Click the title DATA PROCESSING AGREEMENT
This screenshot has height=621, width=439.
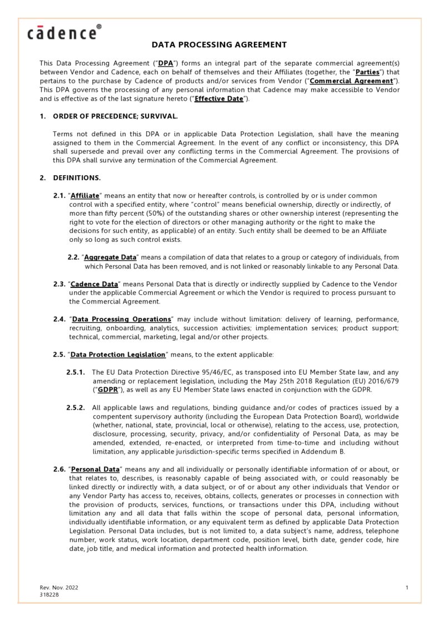click(219, 44)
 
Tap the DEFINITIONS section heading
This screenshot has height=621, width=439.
click(77, 178)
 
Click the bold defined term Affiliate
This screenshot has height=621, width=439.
click(85, 196)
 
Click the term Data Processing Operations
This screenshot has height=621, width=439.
click(122, 319)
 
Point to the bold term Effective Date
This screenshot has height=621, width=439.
click(218, 98)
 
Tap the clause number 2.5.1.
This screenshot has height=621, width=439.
click(75, 372)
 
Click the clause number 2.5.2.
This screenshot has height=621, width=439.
click(75, 408)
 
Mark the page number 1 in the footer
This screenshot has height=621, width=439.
click(407, 588)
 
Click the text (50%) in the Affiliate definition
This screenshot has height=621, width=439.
click(153, 213)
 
